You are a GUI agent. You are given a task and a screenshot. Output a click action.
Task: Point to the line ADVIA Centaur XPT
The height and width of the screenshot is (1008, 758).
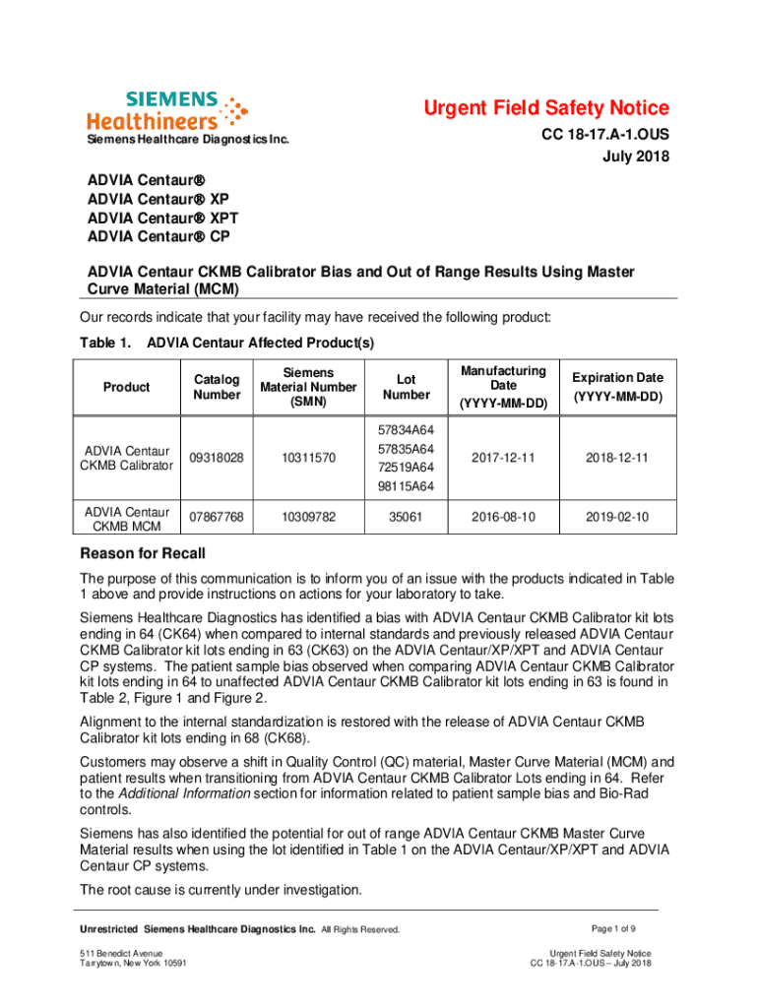pos(162,219)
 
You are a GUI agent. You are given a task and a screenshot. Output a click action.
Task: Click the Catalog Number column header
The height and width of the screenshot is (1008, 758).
pos(217,387)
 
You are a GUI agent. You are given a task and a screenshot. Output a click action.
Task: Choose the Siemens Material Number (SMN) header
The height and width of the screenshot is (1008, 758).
pos(307,387)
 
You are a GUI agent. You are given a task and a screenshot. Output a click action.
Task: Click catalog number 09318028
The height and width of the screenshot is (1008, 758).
pos(217,458)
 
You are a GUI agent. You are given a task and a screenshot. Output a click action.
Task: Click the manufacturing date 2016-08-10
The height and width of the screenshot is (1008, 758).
pos(503,515)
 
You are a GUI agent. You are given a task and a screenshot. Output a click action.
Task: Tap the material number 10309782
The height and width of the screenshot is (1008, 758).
pos(307,515)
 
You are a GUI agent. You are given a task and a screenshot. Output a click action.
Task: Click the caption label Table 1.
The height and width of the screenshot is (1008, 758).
pos(104,343)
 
